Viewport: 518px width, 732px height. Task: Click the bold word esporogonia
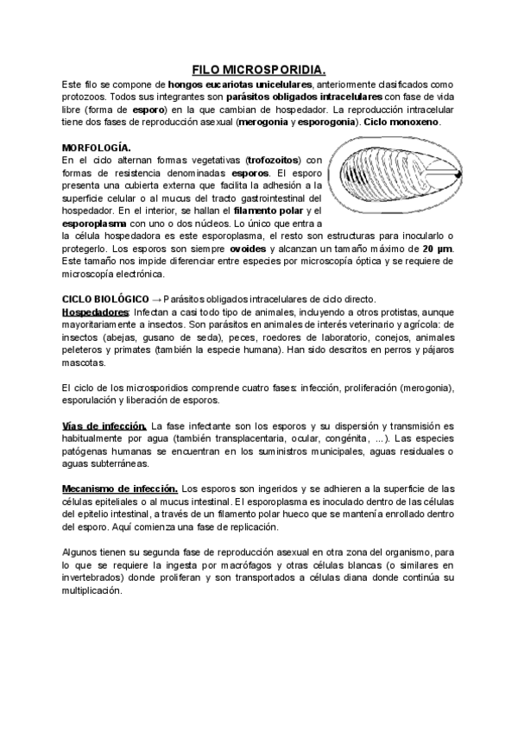pos(327,122)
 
